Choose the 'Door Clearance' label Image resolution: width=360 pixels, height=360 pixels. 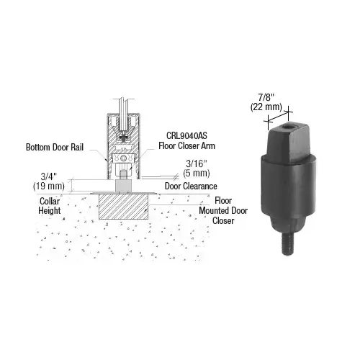coord(191,186)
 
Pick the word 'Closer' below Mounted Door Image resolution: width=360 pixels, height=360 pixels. coord(226,222)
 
